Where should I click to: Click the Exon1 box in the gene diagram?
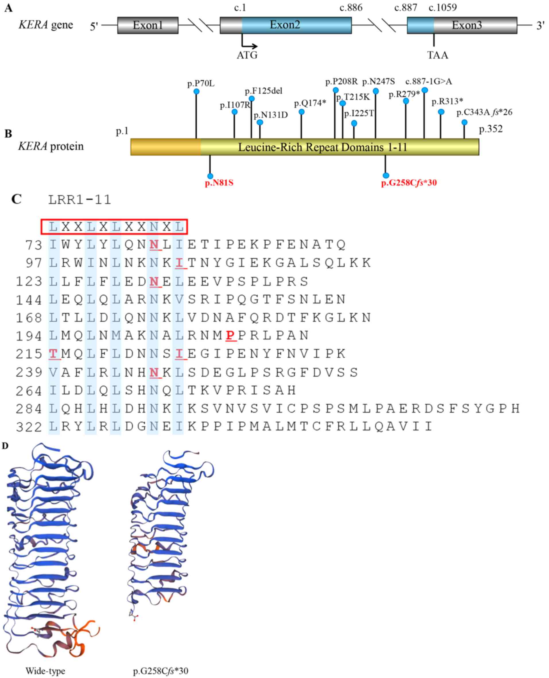(x=148, y=25)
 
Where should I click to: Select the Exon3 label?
(x=466, y=25)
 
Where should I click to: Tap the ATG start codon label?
(x=247, y=55)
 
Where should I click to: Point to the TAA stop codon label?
(x=438, y=55)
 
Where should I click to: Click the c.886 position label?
(x=351, y=7)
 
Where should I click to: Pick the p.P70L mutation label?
(x=201, y=84)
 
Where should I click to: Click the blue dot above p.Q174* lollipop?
(x=301, y=112)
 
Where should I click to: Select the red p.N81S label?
(x=219, y=183)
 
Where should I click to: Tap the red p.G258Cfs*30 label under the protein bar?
(x=409, y=183)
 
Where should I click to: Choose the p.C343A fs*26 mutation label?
(x=484, y=112)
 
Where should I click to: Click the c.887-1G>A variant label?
(x=428, y=82)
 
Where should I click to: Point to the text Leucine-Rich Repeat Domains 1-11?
(x=322, y=147)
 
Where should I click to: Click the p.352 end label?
(x=490, y=129)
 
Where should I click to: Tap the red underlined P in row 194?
(x=231, y=336)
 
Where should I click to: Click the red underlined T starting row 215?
(x=54, y=354)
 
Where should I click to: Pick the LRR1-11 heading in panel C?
(x=80, y=200)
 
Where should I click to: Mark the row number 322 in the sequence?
(x=29, y=427)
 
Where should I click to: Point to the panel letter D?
(x=5, y=446)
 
